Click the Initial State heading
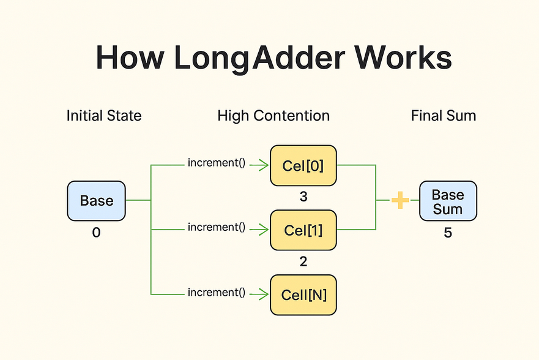pos(104,116)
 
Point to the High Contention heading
pos(273,116)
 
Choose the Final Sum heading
pos(444,116)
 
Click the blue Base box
pos(97,200)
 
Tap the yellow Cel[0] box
pos(303,165)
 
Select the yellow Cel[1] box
pos(303,230)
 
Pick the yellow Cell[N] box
pos(303,294)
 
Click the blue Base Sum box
pos(448,201)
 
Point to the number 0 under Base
pos(96,233)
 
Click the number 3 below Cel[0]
pos(303,197)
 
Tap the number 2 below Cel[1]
pos(303,262)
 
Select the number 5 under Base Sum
pos(448,233)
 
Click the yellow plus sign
pos(400,200)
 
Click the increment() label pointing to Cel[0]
pos(217,163)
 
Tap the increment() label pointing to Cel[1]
pos(217,228)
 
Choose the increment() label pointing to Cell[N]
pos(217,293)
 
